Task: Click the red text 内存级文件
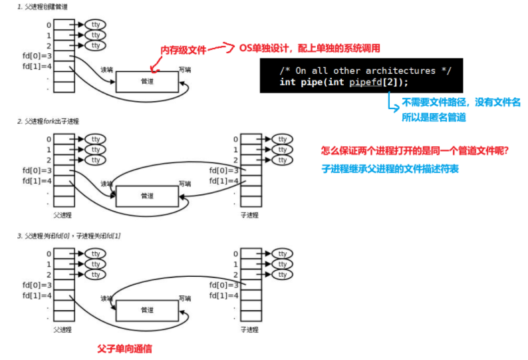[x=184, y=51]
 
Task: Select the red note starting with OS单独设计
[x=309, y=49]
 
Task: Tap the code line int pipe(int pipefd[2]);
[x=344, y=82]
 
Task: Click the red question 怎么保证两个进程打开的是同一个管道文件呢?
[x=415, y=151]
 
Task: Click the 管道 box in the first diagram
[x=147, y=81]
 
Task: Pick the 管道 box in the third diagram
[x=147, y=310]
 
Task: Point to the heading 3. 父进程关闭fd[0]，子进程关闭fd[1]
[x=69, y=236]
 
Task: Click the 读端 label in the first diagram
[x=106, y=69]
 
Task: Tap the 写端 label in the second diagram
[x=185, y=184]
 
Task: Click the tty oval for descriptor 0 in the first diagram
[x=96, y=25]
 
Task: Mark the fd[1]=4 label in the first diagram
[x=37, y=67]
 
